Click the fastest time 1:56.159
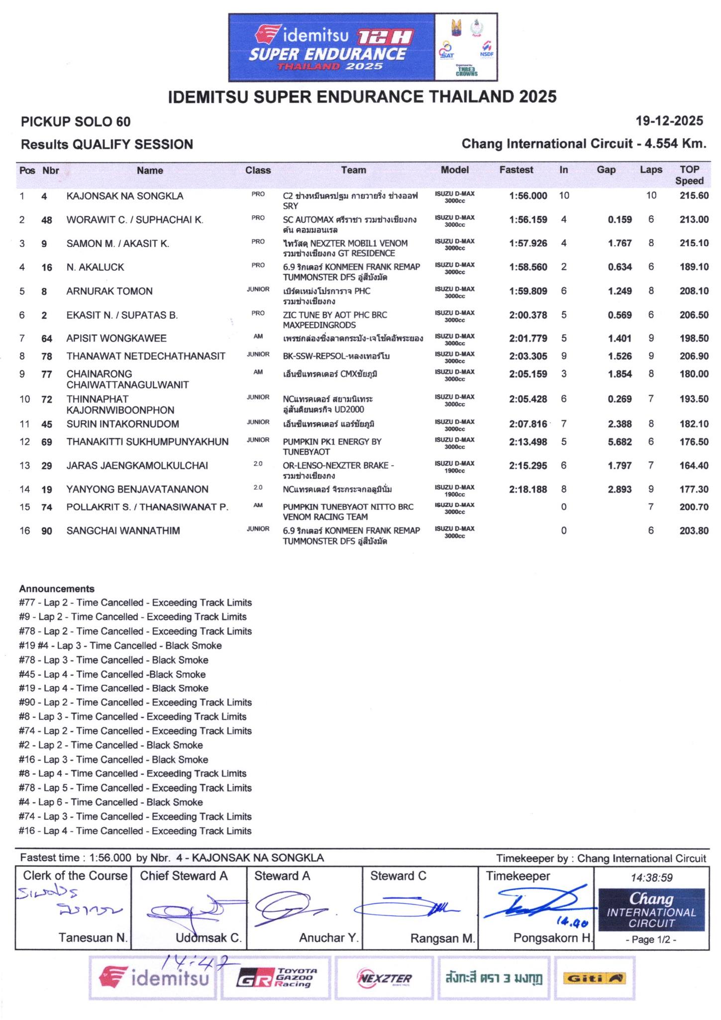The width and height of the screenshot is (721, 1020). [x=528, y=220]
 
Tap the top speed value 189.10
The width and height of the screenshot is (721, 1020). [x=694, y=267]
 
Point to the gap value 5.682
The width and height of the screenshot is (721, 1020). [x=619, y=442]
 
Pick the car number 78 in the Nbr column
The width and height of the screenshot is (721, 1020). [x=47, y=357]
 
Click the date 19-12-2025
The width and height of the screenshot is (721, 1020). [x=669, y=121]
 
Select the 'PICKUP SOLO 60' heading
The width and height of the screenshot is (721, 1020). [x=76, y=122]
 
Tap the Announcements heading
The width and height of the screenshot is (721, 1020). [x=57, y=589]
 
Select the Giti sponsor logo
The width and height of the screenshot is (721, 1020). [x=594, y=979]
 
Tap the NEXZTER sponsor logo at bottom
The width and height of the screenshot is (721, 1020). [x=385, y=979]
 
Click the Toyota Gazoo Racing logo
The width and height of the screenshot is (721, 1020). [x=276, y=979]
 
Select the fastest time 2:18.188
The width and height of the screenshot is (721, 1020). [x=528, y=490]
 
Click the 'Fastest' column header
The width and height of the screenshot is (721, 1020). [x=516, y=170]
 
